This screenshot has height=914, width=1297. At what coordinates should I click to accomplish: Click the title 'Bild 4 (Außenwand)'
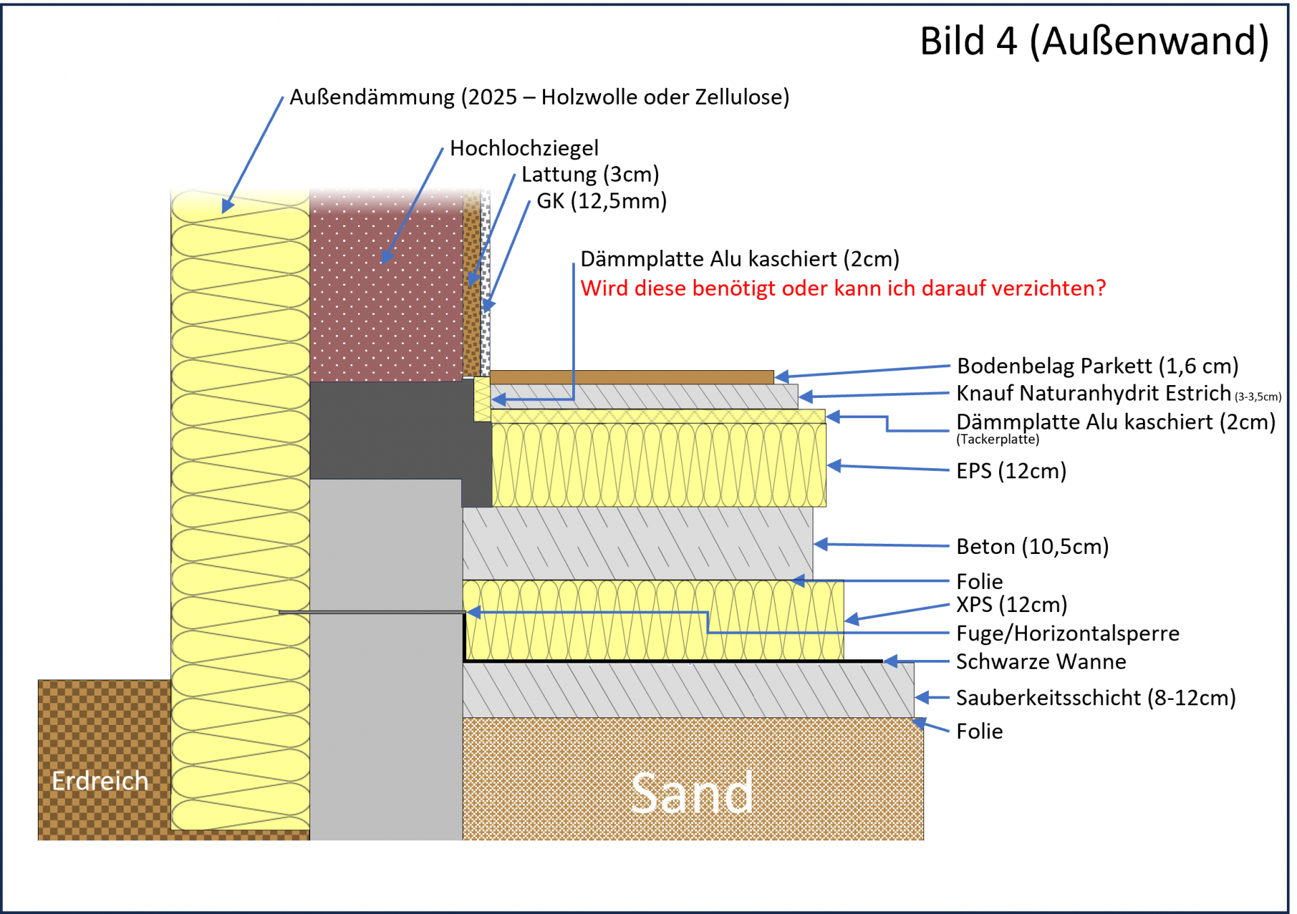[1094, 42]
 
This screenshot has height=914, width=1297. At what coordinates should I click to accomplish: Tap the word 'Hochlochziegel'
[524, 148]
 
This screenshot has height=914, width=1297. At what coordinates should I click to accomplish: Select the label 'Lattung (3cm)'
[590, 174]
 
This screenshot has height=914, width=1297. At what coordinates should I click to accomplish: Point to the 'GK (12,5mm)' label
[601, 201]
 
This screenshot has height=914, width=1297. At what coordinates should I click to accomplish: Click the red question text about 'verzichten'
[843, 288]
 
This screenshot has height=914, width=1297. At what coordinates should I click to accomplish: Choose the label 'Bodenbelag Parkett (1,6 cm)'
[1098, 366]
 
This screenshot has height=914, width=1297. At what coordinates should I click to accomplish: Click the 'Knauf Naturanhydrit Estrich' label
[1094, 393]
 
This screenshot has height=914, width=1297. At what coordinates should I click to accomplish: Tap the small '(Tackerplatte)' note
[998, 440]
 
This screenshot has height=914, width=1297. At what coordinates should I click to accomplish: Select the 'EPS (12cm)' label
[1011, 471]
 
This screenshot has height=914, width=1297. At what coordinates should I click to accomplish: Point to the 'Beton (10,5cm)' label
[1032, 547]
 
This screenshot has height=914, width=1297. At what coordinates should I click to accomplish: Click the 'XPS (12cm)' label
[1011, 605]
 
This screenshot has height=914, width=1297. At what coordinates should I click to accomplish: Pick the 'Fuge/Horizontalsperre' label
[1067, 634]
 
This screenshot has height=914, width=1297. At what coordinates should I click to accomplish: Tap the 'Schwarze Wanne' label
[1041, 662]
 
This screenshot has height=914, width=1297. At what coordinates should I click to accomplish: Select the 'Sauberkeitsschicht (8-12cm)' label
[1096, 698]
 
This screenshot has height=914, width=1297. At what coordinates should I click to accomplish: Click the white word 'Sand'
[692, 794]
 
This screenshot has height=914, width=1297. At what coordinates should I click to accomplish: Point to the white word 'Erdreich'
[100, 781]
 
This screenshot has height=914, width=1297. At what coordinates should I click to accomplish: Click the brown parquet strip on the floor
[632, 377]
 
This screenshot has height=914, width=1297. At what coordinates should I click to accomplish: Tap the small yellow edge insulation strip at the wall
[482, 399]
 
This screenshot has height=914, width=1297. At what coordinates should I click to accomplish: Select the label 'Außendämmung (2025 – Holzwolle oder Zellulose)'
[539, 97]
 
